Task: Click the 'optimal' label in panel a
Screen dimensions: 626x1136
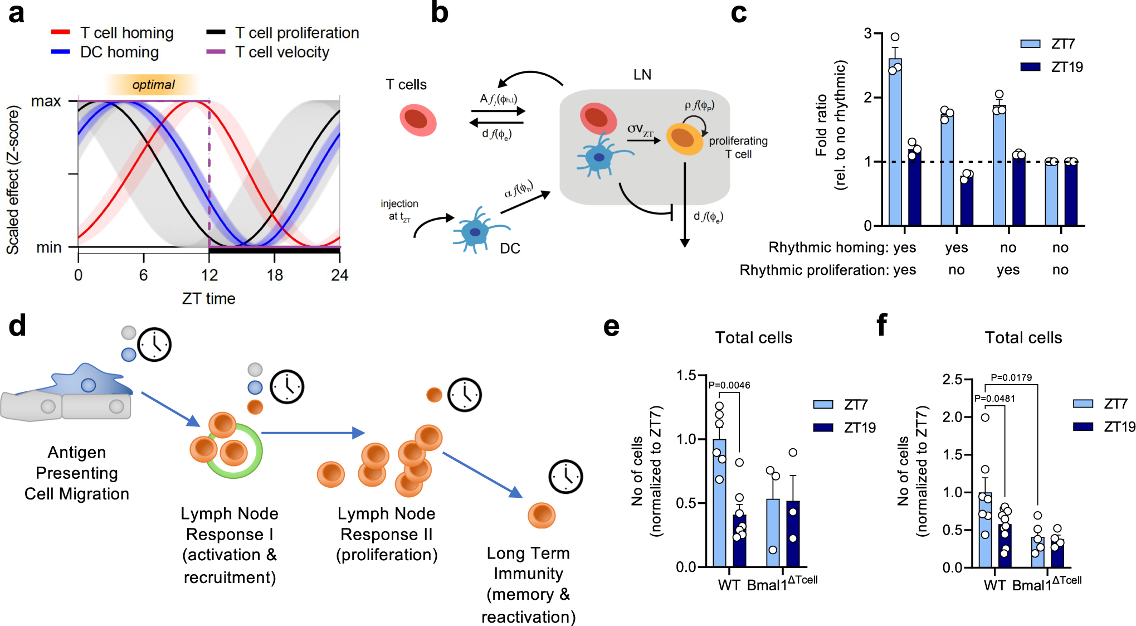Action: (x=153, y=85)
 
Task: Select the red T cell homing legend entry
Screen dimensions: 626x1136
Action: (x=111, y=33)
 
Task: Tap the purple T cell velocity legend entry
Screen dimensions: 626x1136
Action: (x=268, y=52)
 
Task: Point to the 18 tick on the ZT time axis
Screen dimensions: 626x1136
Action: (x=274, y=275)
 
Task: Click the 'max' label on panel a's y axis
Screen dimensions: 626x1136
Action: (x=46, y=101)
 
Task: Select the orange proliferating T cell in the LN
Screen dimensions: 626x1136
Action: (x=684, y=138)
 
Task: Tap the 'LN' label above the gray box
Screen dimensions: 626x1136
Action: (x=642, y=75)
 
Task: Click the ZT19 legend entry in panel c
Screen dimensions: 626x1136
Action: (x=1051, y=67)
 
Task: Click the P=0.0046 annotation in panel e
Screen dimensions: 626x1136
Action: (x=729, y=385)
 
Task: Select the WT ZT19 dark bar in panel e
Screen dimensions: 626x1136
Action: (x=739, y=540)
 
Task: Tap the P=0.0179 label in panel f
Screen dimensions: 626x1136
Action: (x=1011, y=377)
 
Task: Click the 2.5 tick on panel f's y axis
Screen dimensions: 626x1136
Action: (x=952, y=380)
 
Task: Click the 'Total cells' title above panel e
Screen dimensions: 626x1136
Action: (x=753, y=338)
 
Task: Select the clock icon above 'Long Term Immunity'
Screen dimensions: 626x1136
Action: (x=565, y=477)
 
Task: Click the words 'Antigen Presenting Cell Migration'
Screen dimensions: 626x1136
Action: (x=77, y=473)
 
